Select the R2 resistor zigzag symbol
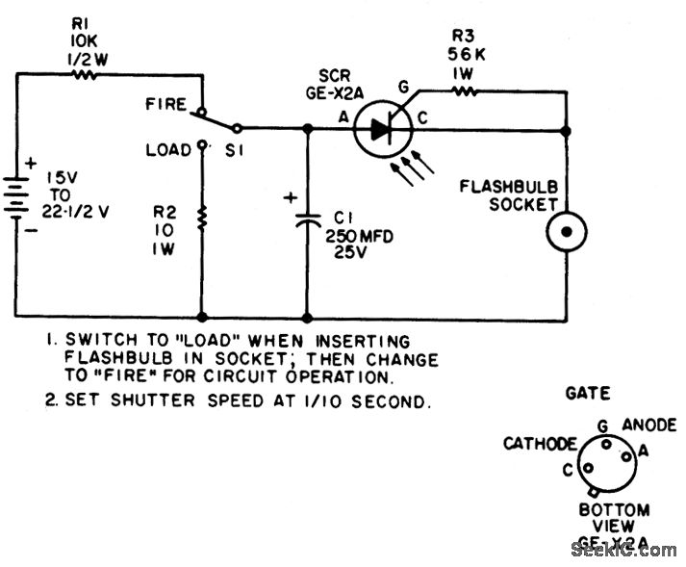(x=203, y=219)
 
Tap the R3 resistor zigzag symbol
(x=464, y=92)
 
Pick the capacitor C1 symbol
(x=307, y=219)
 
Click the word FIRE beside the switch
(x=166, y=103)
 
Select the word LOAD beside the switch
(x=168, y=150)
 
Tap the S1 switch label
(x=235, y=150)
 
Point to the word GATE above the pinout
(x=588, y=393)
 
